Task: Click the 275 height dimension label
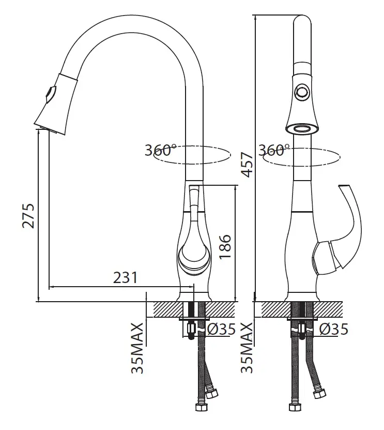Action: (28, 216)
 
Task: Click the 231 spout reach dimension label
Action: (125, 277)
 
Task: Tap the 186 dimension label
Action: (225, 246)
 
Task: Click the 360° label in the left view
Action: (160, 150)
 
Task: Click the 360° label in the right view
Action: (274, 150)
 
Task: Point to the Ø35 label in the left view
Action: (221, 329)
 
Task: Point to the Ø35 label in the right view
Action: (333, 329)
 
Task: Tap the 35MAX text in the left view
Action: (137, 348)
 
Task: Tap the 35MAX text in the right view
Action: (247, 348)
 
